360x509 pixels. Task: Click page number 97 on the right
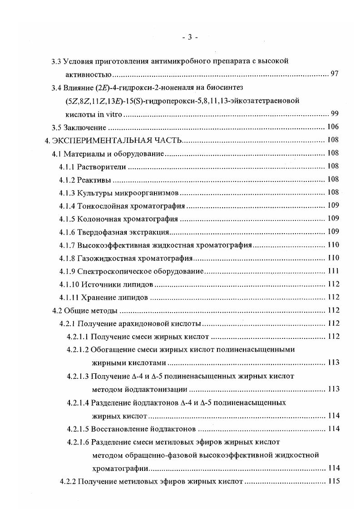click(335, 73)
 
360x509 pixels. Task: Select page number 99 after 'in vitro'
click(335, 113)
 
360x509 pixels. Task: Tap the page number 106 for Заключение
click(333, 127)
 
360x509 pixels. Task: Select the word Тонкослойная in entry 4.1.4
click(101, 206)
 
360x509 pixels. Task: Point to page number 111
click(333, 271)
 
